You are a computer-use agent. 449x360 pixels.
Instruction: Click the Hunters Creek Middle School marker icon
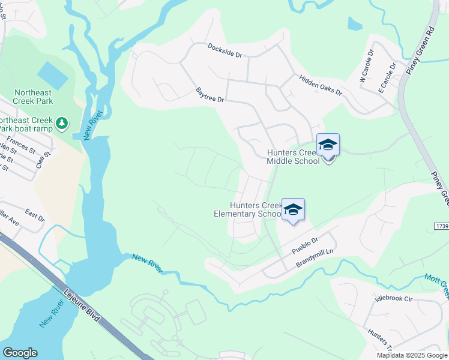(328, 145)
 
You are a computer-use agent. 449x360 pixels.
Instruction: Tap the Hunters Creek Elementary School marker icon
(293, 210)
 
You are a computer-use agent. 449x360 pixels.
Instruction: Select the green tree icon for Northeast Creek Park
(61, 123)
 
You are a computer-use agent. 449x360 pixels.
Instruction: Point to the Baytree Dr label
(209, 94)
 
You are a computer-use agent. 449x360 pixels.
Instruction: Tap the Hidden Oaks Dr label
(320, 85)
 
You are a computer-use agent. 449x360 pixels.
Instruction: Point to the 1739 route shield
(441, 225)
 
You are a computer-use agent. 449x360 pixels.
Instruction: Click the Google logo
(20, 353)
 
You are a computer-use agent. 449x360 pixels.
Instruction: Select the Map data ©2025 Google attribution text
(412, 355)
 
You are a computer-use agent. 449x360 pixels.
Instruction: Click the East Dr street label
(35, 215)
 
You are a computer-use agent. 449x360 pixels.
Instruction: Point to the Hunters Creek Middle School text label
(294, 157)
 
